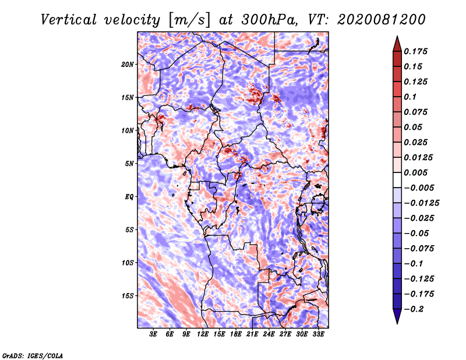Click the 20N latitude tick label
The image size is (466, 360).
pos(128,65)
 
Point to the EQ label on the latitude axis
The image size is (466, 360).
pos(129,197)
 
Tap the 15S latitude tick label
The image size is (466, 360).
pos(128,296)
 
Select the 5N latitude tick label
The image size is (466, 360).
pos(129,164)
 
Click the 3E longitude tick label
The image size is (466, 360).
pos(153,334)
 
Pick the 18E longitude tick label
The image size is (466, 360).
pos(236,334)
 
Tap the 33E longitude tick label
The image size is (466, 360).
pos(318,334)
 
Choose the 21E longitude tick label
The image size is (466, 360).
pos(252,334)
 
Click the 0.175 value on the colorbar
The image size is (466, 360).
pos(415,51)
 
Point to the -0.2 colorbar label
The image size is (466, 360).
pos(414,309)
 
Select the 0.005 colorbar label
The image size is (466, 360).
pos(415,172)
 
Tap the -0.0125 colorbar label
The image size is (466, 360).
pos(421,203)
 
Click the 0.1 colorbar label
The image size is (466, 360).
pos(410,97)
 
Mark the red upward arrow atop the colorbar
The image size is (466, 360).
pos(397,44)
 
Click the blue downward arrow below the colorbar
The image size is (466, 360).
pos(397,316)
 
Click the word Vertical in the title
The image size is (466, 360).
pos(69,20)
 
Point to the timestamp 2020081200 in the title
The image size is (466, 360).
pos(382,20)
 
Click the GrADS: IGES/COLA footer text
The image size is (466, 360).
pos(33,355)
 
